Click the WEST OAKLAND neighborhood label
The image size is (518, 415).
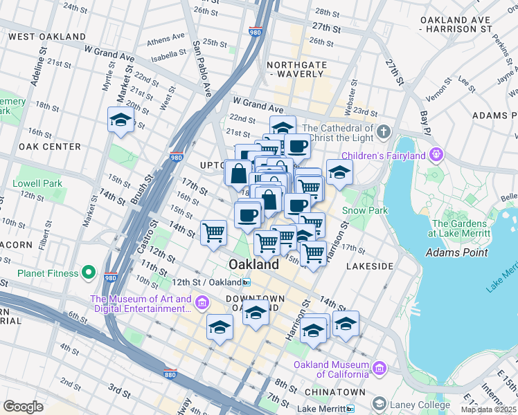click(47, 37)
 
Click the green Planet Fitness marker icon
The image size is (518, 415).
click(88, 273)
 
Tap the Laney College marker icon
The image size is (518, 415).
click(378, 403)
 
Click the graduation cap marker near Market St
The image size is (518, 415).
click(121, 120)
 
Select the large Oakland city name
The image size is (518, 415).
click(253, 264)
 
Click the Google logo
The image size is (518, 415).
click(23, 407)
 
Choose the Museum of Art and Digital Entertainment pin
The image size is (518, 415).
click(202, 302)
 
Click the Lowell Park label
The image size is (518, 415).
click(37, 184)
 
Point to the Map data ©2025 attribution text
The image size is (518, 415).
click(488, 409)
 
